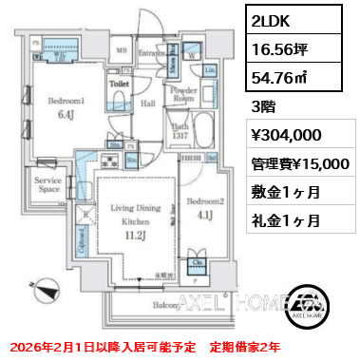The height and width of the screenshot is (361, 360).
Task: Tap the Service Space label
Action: coord(48,183)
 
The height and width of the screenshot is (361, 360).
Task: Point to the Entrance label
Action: coord(152,52)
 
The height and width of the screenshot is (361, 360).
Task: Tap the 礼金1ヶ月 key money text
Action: coord(282,220)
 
